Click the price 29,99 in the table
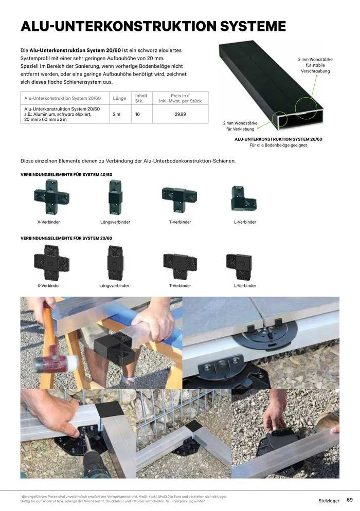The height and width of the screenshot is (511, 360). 180,114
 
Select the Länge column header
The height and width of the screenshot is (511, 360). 119,98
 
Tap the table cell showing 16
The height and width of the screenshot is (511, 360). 137,114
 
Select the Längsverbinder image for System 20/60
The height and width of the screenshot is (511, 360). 115,263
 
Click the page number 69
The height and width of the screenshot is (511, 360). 349,500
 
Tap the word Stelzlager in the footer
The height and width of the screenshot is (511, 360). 329,500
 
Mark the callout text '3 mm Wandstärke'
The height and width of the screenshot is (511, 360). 315,60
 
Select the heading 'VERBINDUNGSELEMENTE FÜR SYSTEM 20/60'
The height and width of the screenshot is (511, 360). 66,238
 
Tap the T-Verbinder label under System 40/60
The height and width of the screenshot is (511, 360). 179,222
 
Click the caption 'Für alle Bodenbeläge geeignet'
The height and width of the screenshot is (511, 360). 278,145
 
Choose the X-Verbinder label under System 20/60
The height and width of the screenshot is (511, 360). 48,285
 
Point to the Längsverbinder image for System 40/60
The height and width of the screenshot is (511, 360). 115,197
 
